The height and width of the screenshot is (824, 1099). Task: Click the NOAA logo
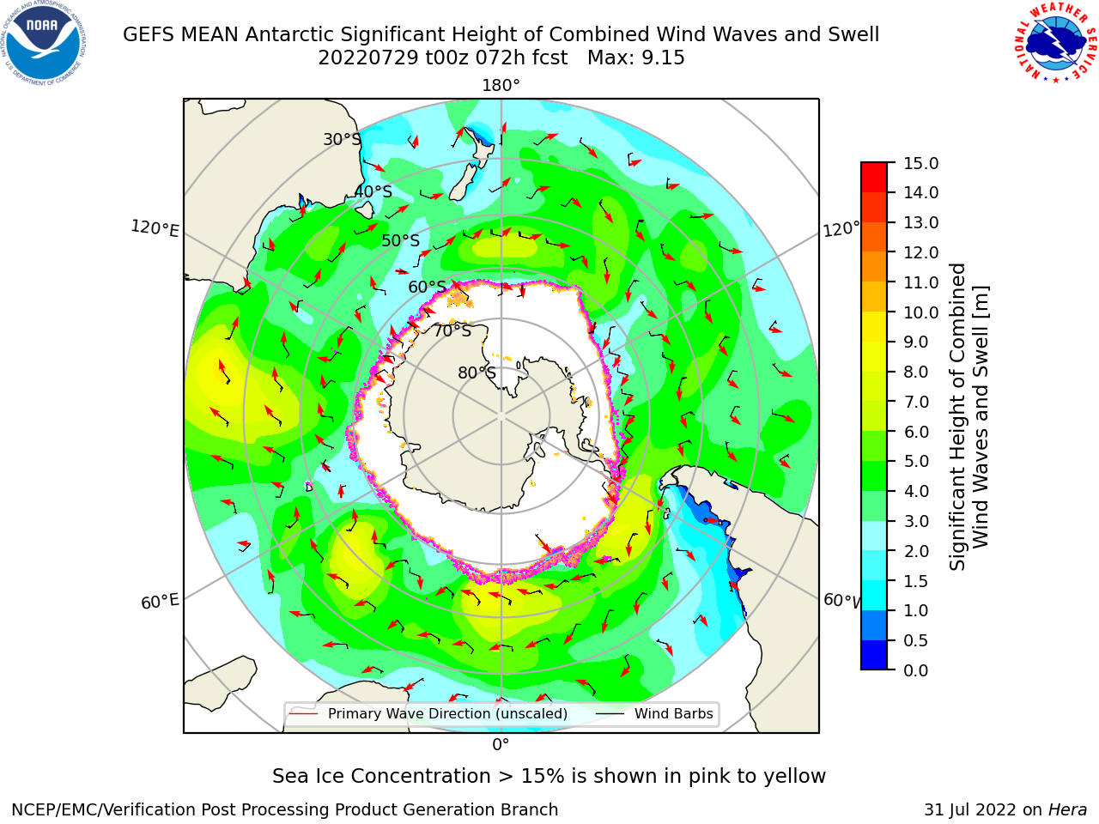pyautogui.click(x=44, y=44)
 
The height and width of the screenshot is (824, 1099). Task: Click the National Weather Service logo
pyautogui.click(x=1053, y=43)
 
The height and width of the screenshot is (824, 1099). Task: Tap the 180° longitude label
pyautogui.click(x=501, y=86)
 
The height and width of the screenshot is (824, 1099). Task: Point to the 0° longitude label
pyautogui.click(x=501, y=745)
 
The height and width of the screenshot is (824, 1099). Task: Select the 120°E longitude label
pyautogui.click(x=155, y=228)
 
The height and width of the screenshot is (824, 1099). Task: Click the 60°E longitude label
pyautogui.click(x=160, y=601)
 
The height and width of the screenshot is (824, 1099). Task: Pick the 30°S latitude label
pyautogui.click(x=342, y=139)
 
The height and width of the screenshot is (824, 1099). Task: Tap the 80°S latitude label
pyautogui.click(x=477, y=373)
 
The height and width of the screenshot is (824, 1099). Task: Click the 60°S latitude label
pyautogui.click(x=427, y=287)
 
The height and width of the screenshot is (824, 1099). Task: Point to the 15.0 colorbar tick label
pyautogui.click(x=920, y=163)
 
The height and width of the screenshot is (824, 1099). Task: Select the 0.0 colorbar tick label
pyautogui.click(x=916, y=670)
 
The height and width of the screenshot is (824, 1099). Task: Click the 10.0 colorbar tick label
pyautogui.click(x=920, y=312)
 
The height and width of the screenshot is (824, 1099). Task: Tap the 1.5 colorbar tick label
pyautogui.click(x=916, y=581)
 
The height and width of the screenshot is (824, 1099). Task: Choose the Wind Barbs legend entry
pyautogui.click(x=673, y=713)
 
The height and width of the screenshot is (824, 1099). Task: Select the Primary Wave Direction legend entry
pyautogui.click(x=447, y=713)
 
